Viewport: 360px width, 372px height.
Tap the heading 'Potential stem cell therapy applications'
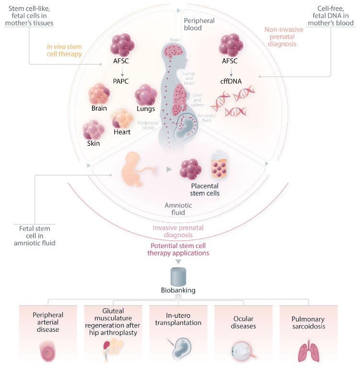tap(180, 248)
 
